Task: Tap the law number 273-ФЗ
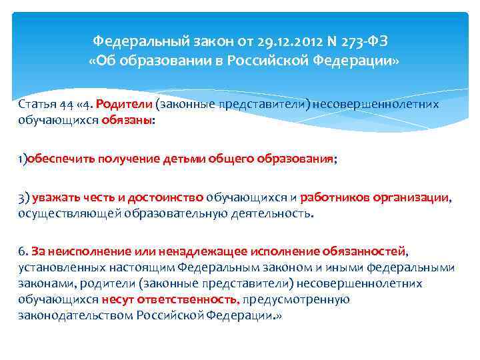coord(361,42)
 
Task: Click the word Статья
coord(36,104)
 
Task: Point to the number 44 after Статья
coord(65,104)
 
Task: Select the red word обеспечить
coord(59,159)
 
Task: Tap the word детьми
coord(173,159)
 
